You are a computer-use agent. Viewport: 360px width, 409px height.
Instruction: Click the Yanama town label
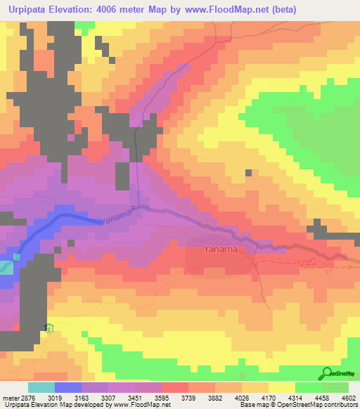pos(219,249)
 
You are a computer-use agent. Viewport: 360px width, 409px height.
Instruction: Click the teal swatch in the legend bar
pos(41,387)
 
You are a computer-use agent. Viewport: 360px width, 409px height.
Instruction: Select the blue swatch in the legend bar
pos(67,387)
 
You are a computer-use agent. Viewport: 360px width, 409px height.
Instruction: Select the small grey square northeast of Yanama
pos(247,172)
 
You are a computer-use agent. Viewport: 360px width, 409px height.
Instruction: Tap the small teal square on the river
pos(6,267)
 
